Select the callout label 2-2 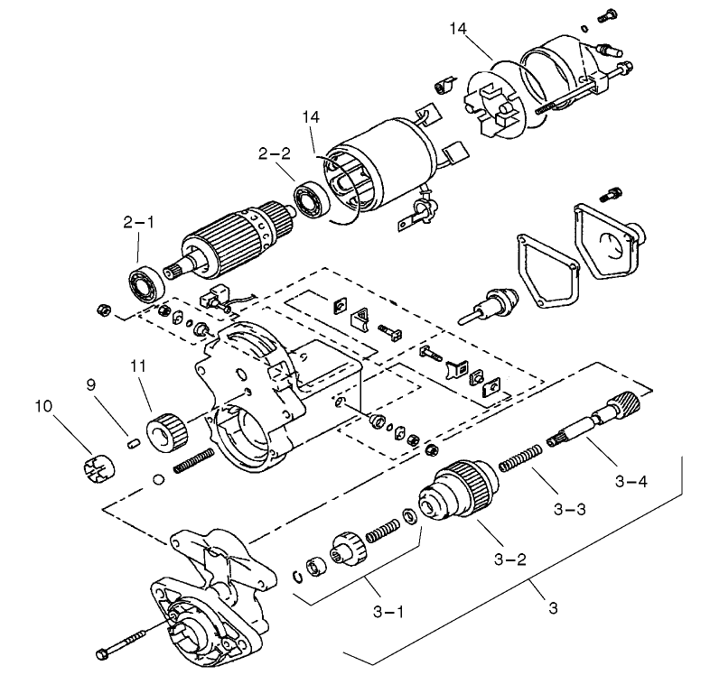tap(274, 154)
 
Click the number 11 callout tap(138, 365)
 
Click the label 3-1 tap(388, 613)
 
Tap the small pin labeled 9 tap(130, 442)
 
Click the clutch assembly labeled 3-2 tap(456, 493)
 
